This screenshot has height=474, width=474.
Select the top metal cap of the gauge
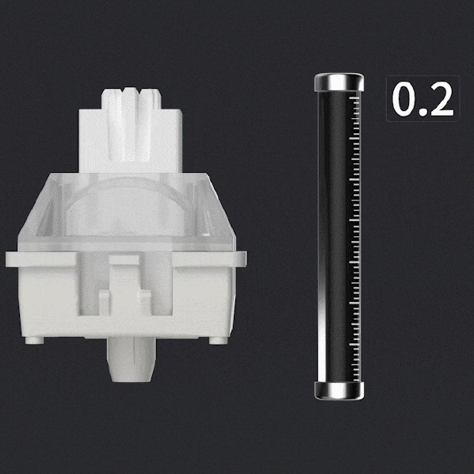coord(339,82)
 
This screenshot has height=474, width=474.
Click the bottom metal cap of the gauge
coord(339,391)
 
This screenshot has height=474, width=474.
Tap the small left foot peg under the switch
coord(34,341)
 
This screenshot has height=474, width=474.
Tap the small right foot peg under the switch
coord(218,341)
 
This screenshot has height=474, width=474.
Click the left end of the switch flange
coord(6,259)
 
